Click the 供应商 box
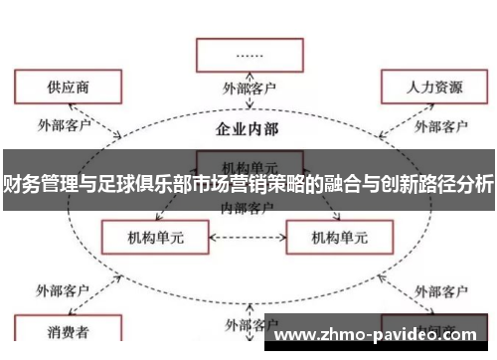tap(62, 87)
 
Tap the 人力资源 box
tap(434, 87)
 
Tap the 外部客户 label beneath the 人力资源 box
tap(440, 126)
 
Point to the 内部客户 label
tap(248, 206)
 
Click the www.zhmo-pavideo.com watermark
tap(379, 335)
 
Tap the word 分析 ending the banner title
tap(476, 184)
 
